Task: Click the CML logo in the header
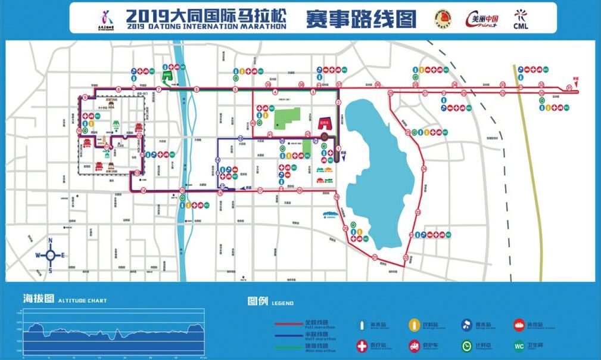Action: pos(521,18)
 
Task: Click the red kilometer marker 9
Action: pos(86,97)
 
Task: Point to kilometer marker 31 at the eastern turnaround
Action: pos(569,88)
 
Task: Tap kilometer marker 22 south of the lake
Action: pos(406,258)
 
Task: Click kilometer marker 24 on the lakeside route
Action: pos(424,169)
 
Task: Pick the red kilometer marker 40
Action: pos(253,123)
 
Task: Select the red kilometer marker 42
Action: pos(308,134)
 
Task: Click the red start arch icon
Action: pos(325,123)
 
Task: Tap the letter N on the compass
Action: pos(51,241)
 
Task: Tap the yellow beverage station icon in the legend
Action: pos(413,324)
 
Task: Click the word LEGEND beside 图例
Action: pos(282,303)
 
